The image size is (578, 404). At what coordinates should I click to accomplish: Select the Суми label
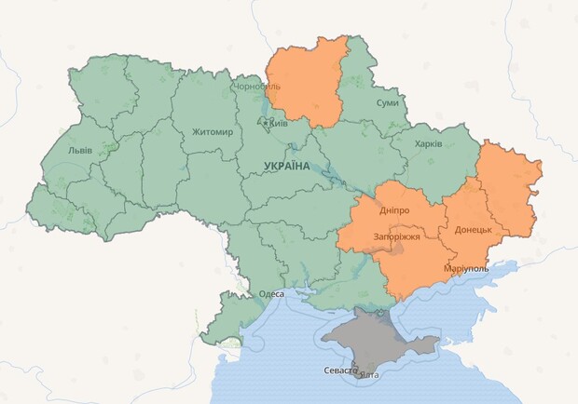[x=387, y=103]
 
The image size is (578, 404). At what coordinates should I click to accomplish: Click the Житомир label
[x=213, y=131]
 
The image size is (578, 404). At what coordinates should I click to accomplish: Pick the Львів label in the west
[x=80, y=150]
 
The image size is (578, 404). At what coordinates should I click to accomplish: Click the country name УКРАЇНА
[x=287, y=166]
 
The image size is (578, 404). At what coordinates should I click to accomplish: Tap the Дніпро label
[x=394, y=211]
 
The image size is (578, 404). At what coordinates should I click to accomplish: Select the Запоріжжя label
[x=394, y=236]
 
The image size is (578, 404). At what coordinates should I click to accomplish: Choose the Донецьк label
[x=474, y=229]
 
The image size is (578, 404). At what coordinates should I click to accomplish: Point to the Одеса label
[x=271, y=293]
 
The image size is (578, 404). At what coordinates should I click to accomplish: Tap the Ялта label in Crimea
[x=369, y=374]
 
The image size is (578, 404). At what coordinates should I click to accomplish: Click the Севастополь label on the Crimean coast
[x=340, y=370]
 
